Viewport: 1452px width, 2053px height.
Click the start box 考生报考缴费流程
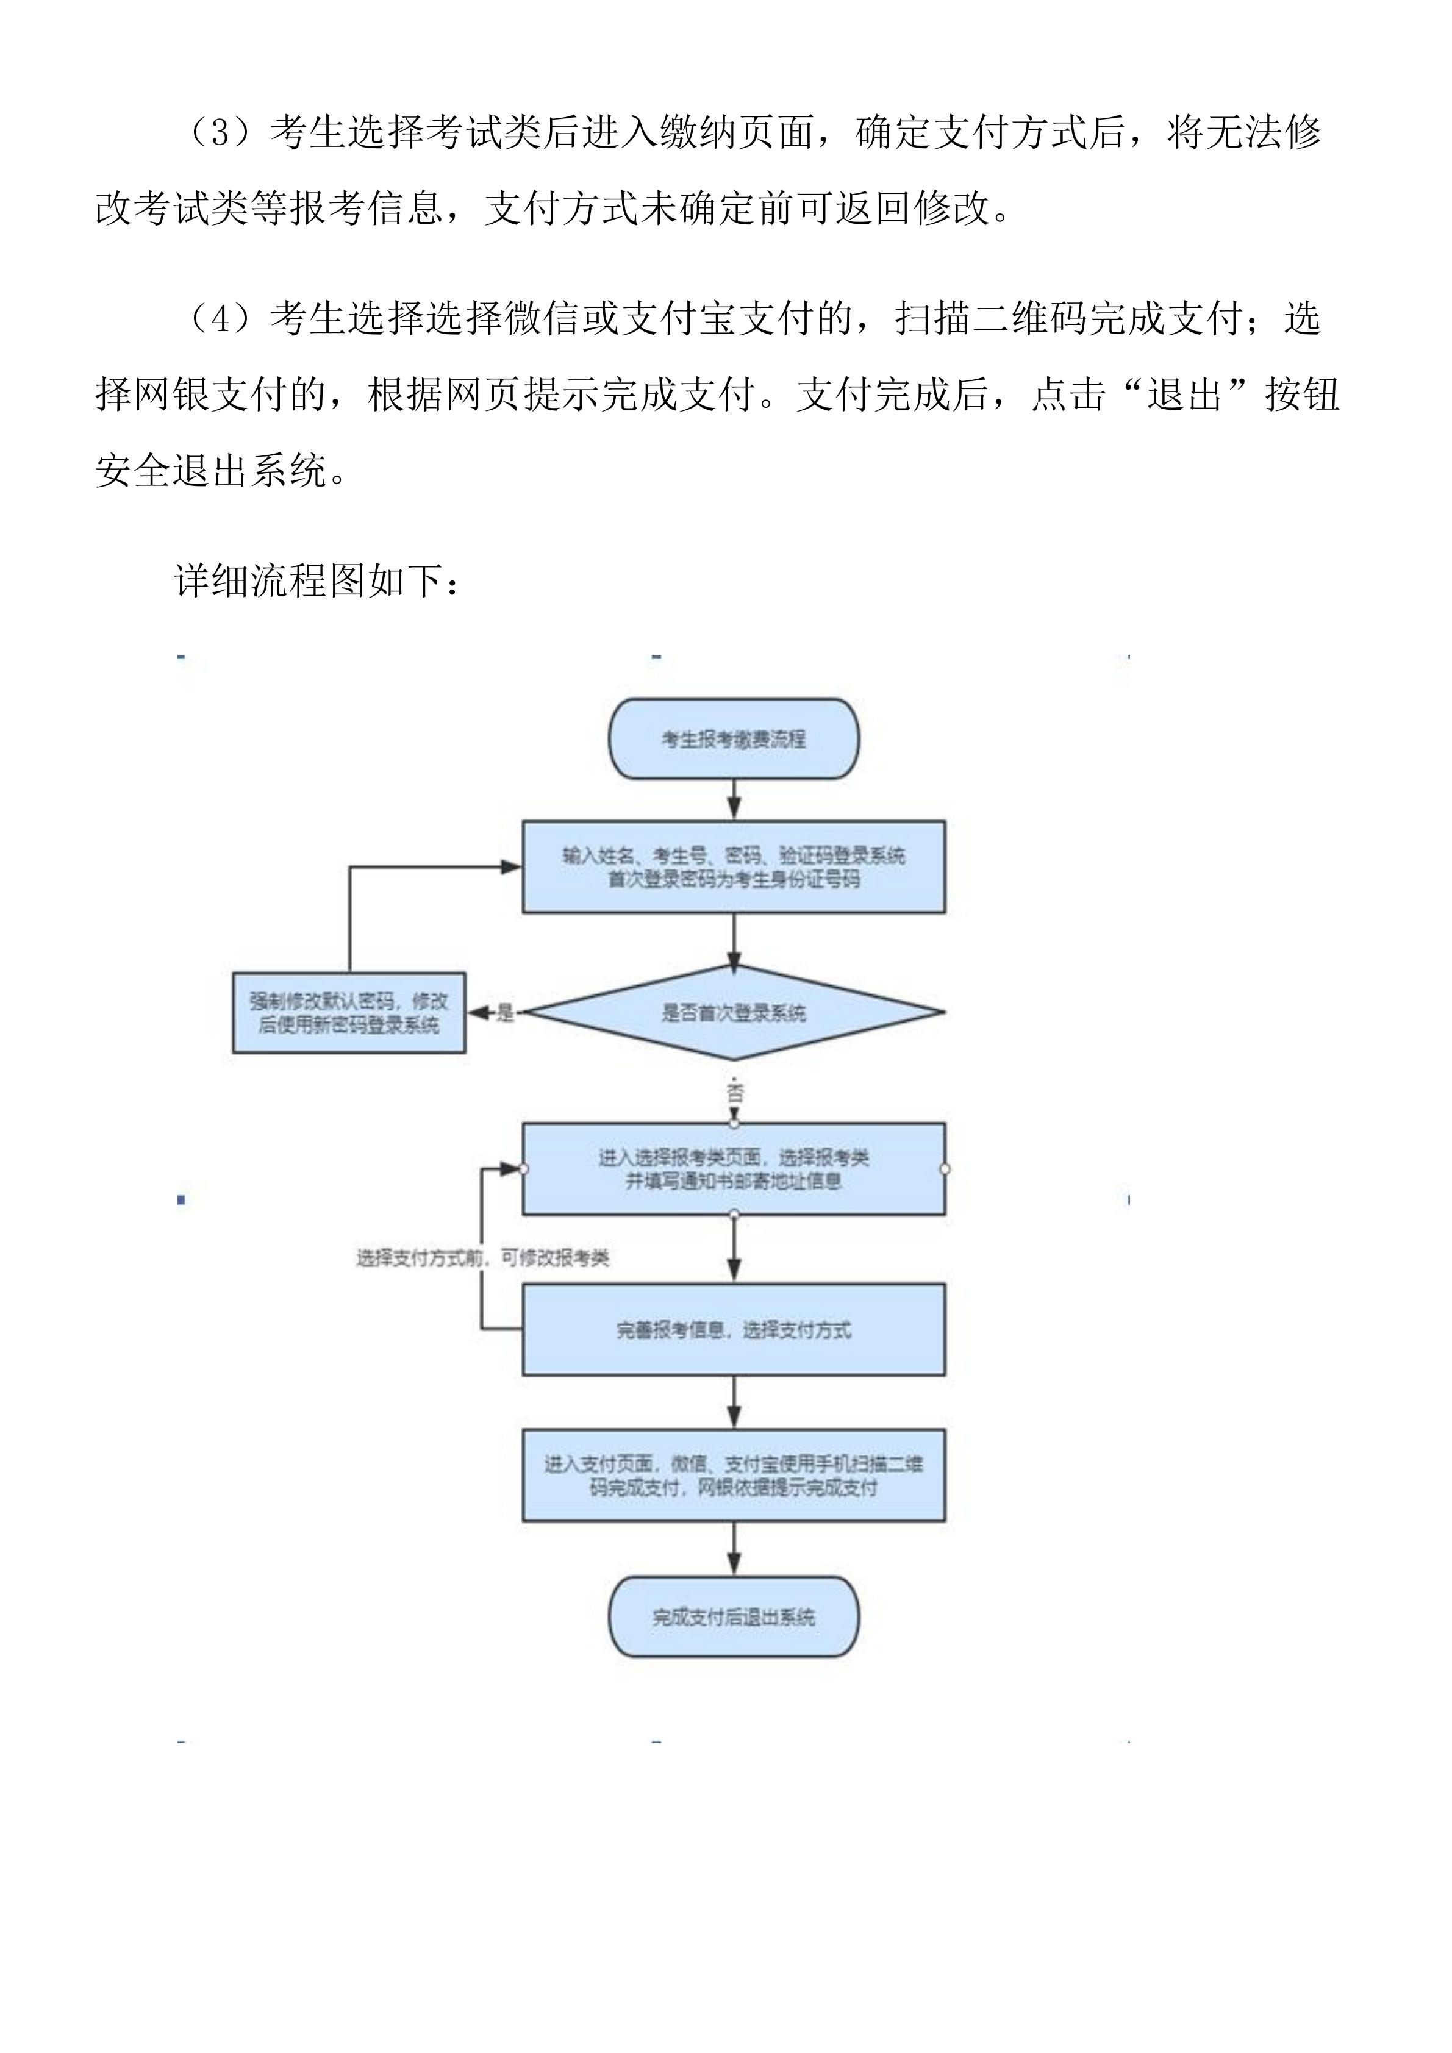click(x=733, y=738)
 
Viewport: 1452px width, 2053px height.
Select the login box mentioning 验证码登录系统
click(x=733, y=866)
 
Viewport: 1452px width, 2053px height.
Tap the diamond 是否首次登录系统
click(x=733, y=1012)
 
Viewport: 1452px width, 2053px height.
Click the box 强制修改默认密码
click(x=349, y=1012)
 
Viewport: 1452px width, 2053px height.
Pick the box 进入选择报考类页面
click(x=733, y=1169)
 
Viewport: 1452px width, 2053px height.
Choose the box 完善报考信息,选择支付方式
click(x=733, y=1330)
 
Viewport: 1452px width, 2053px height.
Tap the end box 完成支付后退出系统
click(x=733, y=1616)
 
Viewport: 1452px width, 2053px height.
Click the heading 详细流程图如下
click(x=317, y=581)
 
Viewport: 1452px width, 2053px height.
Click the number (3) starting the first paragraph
click(x=219, y=132)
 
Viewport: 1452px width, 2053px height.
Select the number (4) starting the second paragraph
click(x=219, y=318)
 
